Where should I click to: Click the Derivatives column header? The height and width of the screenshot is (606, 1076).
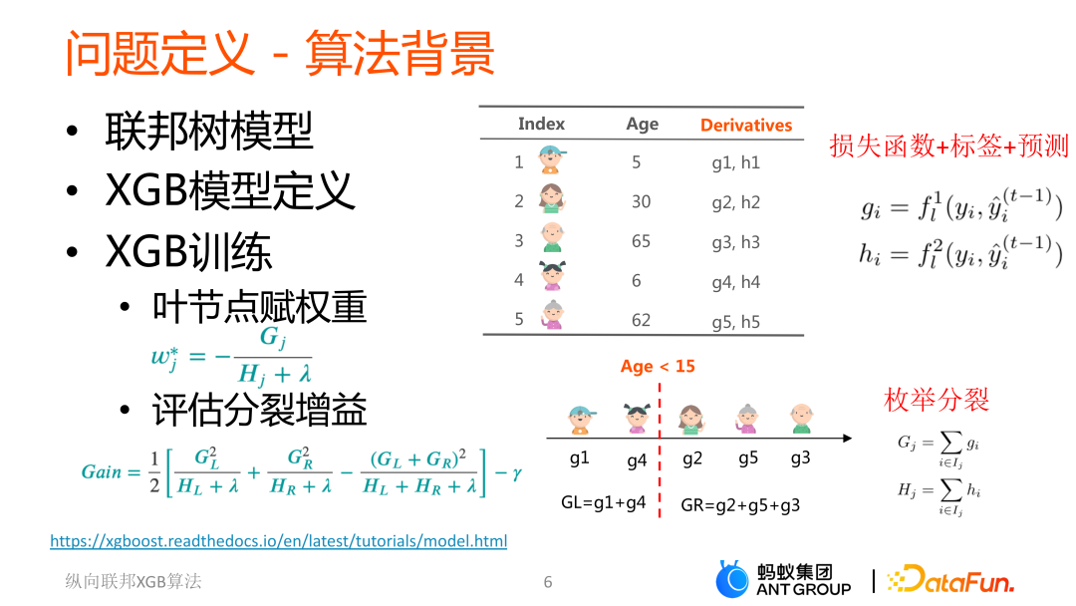(x=745, y=125)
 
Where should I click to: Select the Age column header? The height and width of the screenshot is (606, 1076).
(x=642, y=124)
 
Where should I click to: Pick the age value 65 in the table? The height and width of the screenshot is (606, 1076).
(x=641, y=241)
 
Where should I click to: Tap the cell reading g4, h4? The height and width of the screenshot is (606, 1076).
(x=735, y=282)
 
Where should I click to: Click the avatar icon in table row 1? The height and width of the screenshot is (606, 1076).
(x=551, y=159)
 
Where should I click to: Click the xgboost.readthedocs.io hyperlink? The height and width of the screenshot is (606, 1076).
(x=278, y=541)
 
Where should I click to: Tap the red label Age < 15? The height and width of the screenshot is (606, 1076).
(x=658, y=366)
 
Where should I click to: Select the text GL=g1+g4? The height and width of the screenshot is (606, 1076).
(x=604, y=502)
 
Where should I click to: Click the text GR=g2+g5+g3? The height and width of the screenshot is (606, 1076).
(x=740, y=504)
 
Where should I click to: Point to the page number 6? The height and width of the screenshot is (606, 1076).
(x=548, y=582)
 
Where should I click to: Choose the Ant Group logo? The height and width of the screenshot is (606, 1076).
(x=783, y=580)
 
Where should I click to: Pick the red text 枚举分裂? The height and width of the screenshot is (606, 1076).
(x=937, y=400)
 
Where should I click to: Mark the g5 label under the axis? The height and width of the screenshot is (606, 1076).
(x=748, y=458)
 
